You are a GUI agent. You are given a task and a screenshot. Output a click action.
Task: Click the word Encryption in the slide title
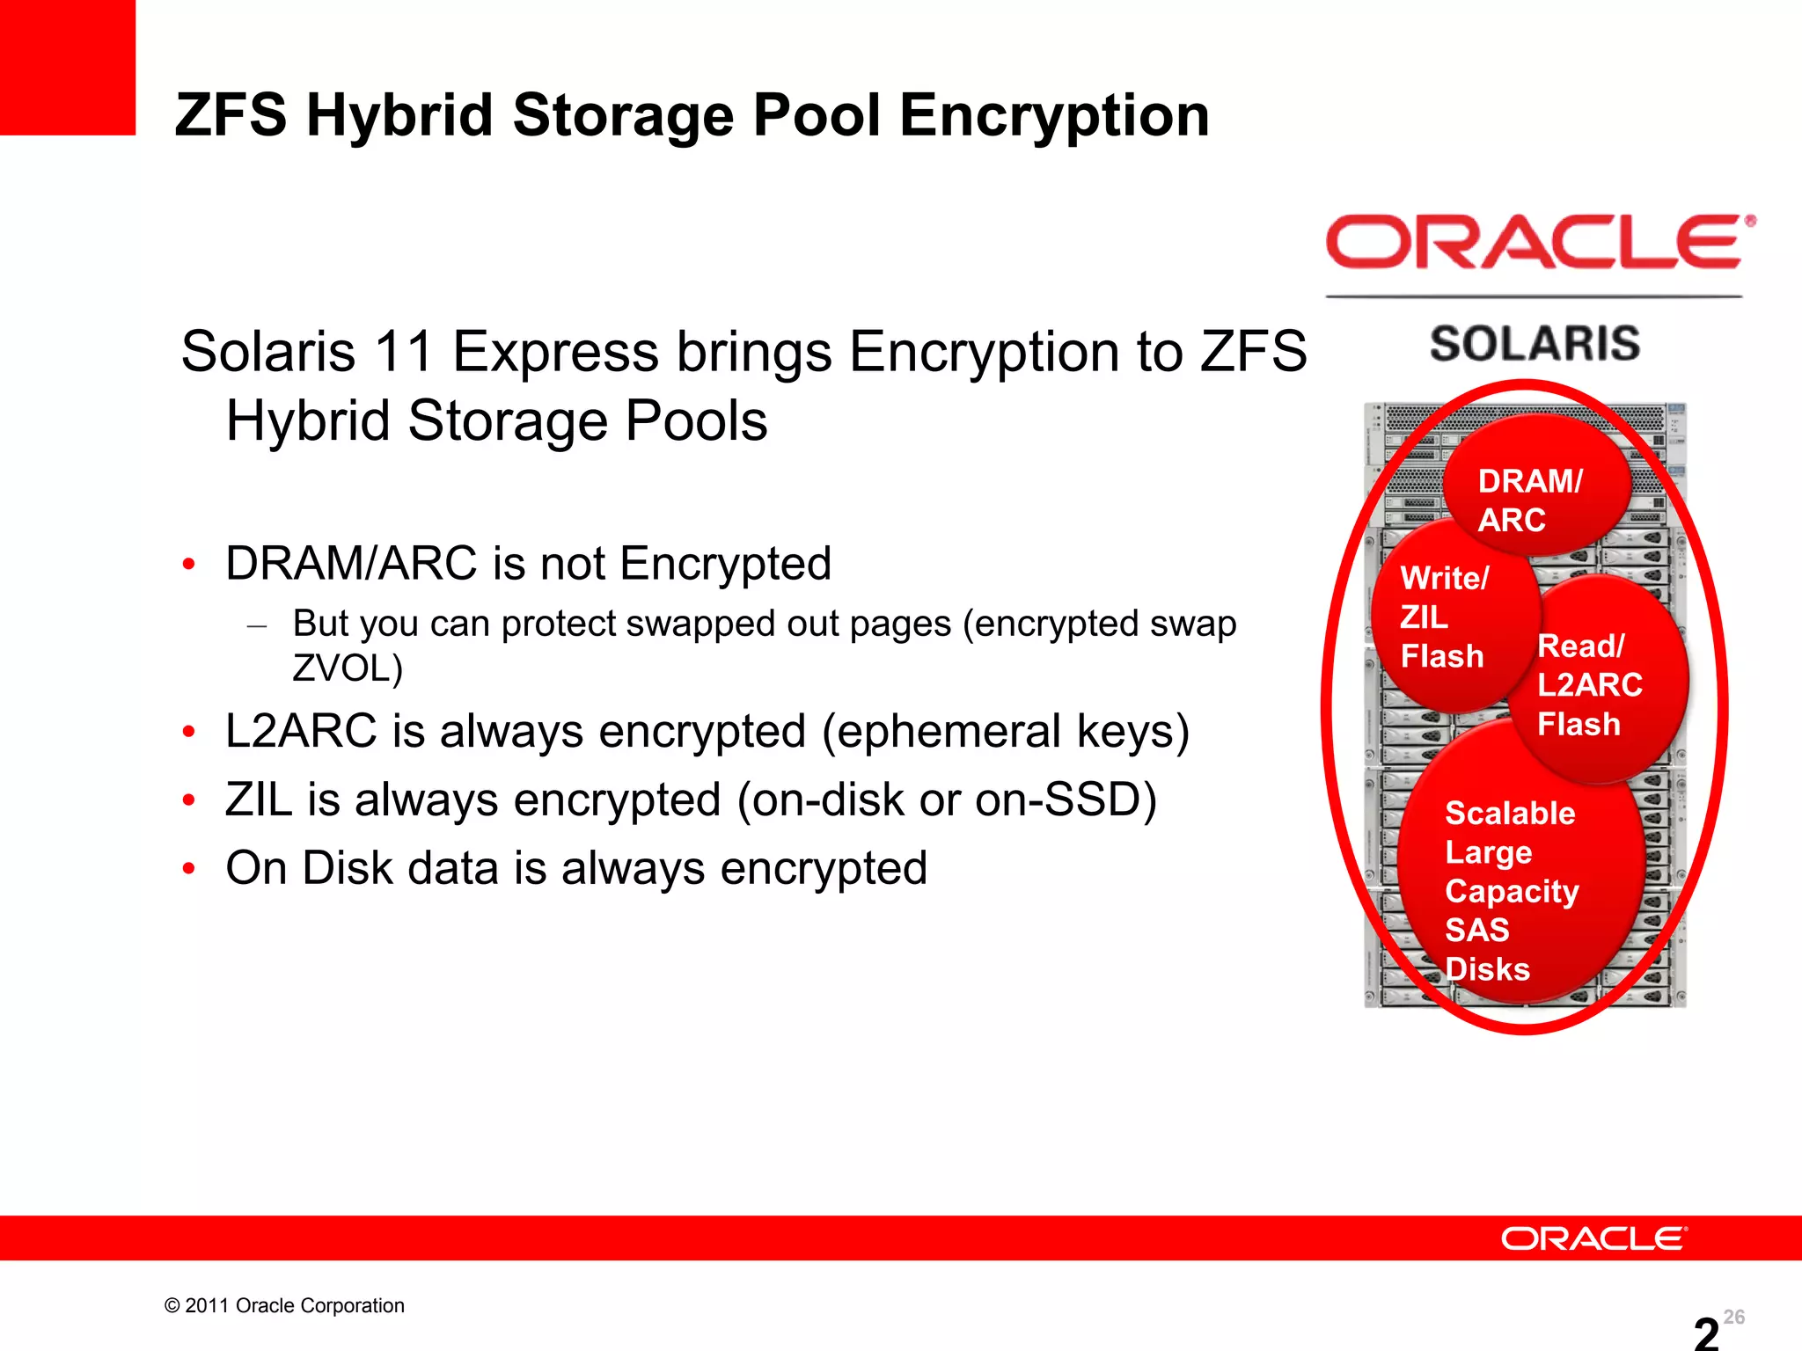[1054, 116]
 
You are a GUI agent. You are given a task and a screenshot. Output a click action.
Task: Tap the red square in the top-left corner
[67, 67]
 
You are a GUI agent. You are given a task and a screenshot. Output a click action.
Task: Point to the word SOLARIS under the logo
[1535, 343]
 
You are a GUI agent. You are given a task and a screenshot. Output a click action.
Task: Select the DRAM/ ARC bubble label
[1529, 500]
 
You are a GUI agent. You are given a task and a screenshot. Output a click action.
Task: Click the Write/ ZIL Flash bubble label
[1443, 617]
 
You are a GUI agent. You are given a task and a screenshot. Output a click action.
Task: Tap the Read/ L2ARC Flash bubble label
[1588, 684]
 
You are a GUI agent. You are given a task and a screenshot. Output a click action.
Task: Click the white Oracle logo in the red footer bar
[1593, 1238]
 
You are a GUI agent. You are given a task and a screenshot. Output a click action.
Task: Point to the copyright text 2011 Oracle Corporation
[284, 1305]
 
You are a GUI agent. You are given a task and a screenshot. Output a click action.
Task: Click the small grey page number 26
[1733, 1317]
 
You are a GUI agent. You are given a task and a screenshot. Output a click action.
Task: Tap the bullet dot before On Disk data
[188, 869]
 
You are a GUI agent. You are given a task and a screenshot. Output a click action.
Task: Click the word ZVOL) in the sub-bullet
[348, 668]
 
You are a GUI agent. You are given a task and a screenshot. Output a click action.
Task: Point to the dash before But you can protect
[257, 625]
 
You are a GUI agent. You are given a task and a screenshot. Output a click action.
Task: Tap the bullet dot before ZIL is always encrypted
[188, 800]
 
